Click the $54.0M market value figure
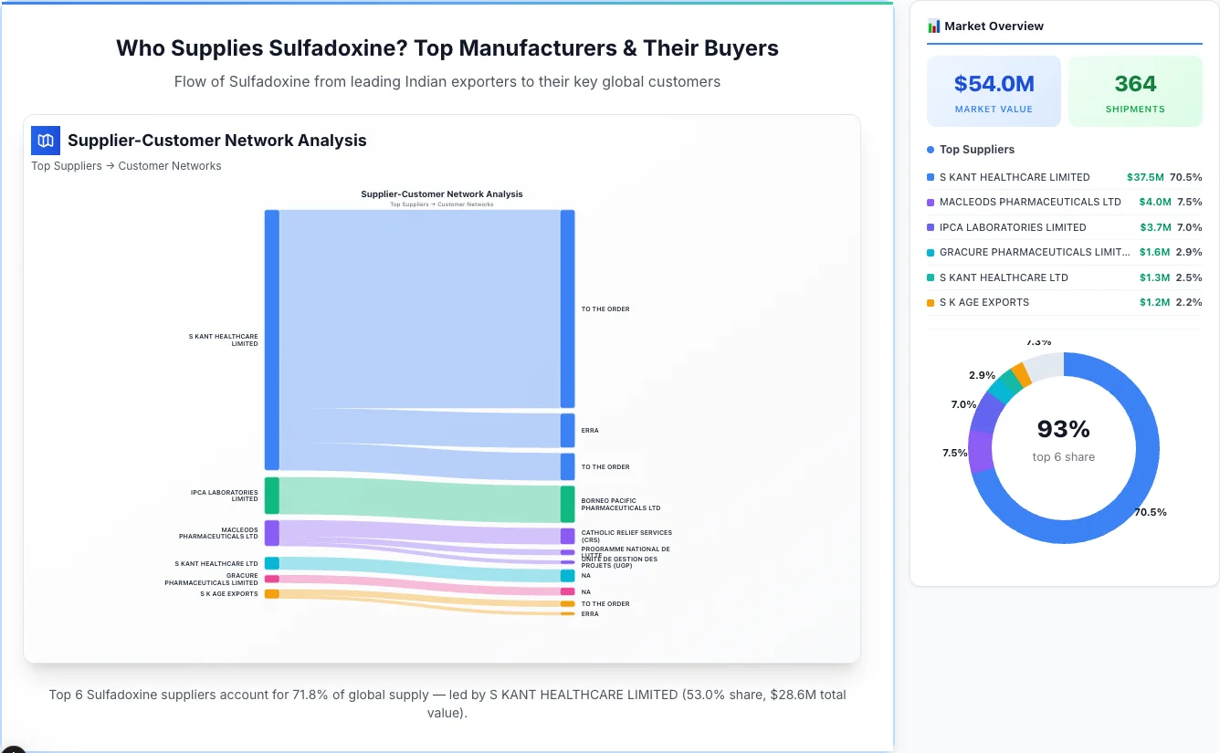(994, 84)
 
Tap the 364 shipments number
(1135, 84)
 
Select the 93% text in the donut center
(1063, 429)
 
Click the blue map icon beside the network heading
(45, 141)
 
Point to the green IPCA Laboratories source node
(271, 496)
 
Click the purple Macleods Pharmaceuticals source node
(271, 533)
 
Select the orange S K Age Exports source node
(271, 594)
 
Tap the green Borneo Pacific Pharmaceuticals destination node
(567, 504)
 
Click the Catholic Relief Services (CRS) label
(626, 536)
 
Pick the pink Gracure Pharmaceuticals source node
(271, 579)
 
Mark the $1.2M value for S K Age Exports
(1154, 302)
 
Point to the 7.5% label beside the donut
(954, 453)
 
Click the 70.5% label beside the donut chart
(1150, 512)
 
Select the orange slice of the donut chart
(1021, 374)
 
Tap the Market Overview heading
(994, 26)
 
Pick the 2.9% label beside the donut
(982, 375)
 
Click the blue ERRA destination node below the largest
(567, 430)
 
